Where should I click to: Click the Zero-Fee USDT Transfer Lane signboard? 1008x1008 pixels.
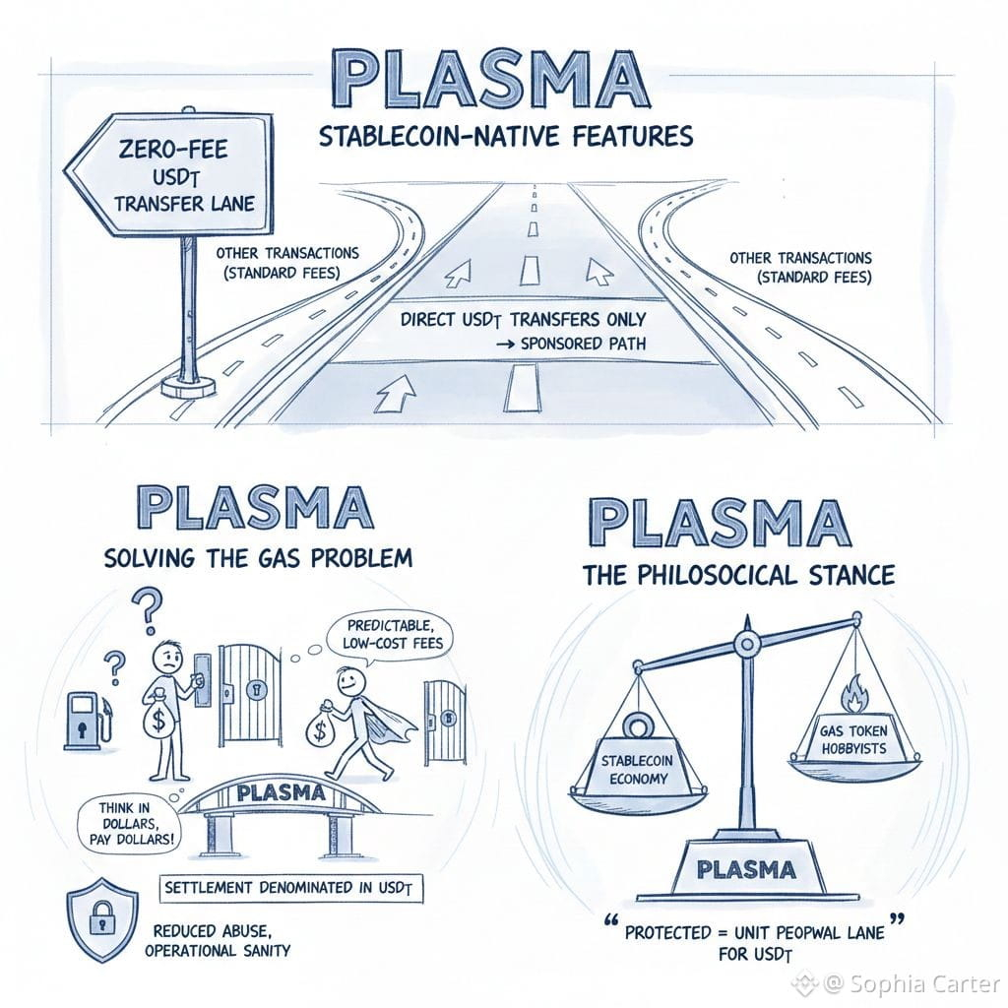[x=172, y=176]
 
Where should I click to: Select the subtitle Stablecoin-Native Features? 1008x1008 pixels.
[x=506, y=135]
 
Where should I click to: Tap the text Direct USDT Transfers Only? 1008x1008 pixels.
[x=523, y=319]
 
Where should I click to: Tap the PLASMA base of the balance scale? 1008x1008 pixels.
[x=745, y=866]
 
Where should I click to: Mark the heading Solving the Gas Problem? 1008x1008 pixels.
[x=257, y=558]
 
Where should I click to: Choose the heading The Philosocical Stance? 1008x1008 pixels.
[x=738, y=574]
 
